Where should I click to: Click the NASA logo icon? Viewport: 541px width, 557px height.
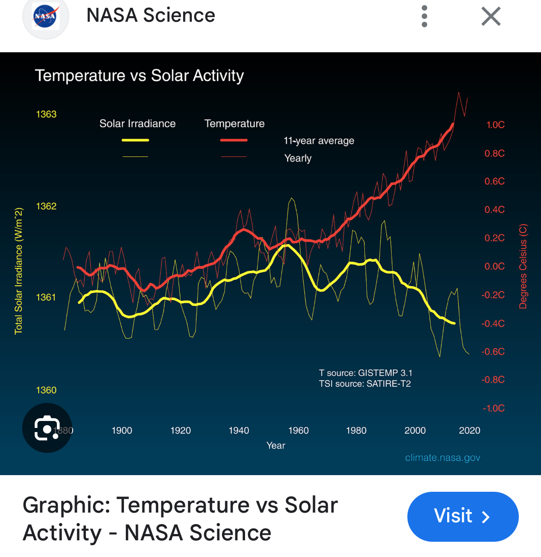(x=45, y=17)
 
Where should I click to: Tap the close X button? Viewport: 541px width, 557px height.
(x=491, y=17)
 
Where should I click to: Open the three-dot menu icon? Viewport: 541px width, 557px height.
(x=424, y=17)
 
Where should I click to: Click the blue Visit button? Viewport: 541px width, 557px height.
(x=462, y=516)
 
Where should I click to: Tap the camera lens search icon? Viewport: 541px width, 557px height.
(x=47, y=428)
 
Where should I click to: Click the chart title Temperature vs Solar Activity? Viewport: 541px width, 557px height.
(x=139, y=75)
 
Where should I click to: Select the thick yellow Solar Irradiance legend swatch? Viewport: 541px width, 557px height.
(x=135, y=140)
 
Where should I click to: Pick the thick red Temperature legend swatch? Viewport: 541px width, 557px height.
(x=234, y=140)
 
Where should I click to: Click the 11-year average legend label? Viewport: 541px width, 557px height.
(x=319, y=141)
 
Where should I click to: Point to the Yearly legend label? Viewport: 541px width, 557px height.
(x=298, y=158)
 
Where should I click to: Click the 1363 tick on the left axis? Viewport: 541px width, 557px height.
(x=46, y=114)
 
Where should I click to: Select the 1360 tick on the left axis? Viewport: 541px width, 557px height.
(x=46, y=390)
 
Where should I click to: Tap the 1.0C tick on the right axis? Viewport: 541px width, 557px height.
(x=495, y=125)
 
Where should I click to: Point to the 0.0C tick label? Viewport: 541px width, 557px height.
(x=494, y=266)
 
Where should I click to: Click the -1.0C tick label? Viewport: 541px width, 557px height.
(x=493, y=408)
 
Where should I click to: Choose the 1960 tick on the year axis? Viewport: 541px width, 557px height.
(x=298, y=431)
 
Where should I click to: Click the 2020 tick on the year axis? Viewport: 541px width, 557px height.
(x=469, y=431)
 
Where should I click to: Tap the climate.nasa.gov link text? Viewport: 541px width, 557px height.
(x=443, y=458)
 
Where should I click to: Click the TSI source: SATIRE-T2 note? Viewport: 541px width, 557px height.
(x=365, y=384)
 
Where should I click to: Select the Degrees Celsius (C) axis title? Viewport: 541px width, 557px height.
(x=523, y=266)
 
